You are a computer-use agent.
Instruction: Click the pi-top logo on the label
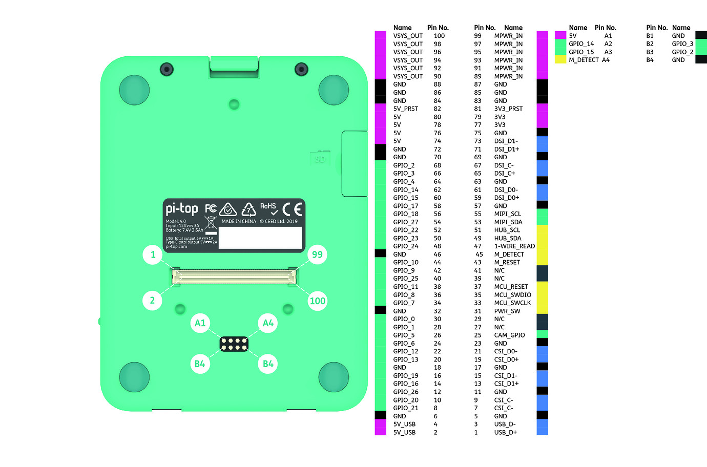181,209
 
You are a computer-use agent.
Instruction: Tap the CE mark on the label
293,209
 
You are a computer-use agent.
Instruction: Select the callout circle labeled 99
317,254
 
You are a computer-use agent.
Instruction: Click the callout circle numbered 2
152,301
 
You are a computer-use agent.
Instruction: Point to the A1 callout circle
200,323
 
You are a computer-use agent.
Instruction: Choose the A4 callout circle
268,323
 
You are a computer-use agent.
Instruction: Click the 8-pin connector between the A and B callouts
234,344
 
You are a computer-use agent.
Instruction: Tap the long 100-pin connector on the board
234,277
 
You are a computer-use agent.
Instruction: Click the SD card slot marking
320,159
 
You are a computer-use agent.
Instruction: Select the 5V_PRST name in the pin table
405,109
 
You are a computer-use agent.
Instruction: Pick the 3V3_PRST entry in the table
508,109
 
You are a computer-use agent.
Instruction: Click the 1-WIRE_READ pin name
514,246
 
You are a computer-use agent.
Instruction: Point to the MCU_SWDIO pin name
512,295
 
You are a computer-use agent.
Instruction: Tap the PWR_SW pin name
507,311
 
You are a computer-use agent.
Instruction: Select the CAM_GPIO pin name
509,335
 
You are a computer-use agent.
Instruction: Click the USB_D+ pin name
505,433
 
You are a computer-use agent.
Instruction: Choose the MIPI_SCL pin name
507,214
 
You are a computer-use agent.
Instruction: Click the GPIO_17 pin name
405,206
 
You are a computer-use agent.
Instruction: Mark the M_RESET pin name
507,263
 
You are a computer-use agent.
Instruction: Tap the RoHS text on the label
268,206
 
